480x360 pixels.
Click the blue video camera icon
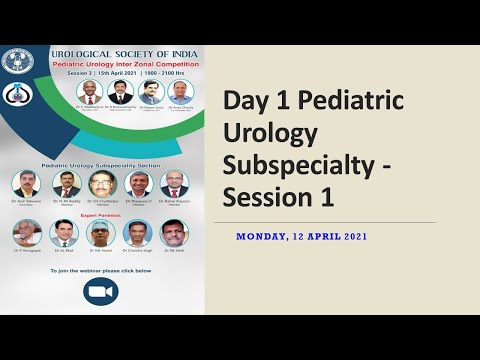click(101, 291)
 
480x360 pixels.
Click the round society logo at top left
click(17, 62)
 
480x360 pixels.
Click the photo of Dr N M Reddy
click(66, 184)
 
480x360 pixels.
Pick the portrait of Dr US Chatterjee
click(102, 184)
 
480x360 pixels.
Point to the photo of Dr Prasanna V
click(139, 184)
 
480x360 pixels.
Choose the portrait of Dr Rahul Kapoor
click(174, 184)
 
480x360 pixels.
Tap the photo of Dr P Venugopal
click(27, 233)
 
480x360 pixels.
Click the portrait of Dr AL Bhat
click(64, 233)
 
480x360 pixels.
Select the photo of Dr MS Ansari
click(101, 233)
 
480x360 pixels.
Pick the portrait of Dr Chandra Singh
click(137, 233)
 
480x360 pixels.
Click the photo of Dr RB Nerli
click(173, 233)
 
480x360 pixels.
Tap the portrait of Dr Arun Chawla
click(181, 92)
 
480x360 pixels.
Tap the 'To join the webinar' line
click(100, 270)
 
